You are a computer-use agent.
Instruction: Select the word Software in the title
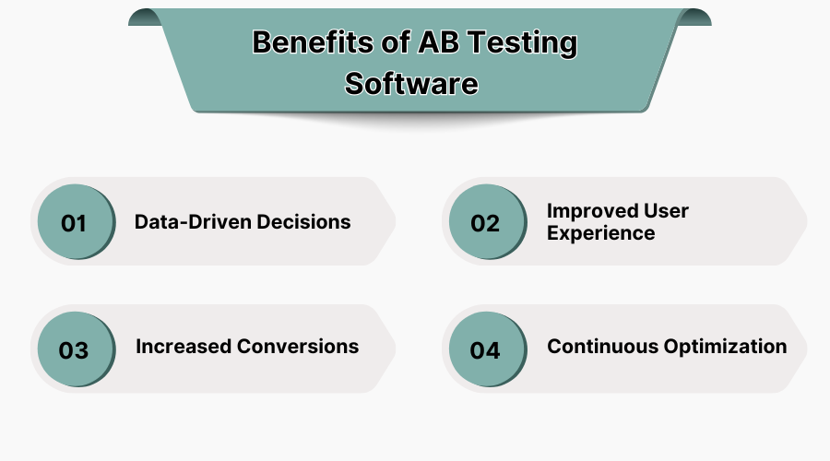tap(411, 83)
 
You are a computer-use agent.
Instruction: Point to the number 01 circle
tap(74, 223)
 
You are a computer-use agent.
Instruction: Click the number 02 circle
tap(484, 223)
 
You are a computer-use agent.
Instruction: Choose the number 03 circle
tap(74, 350)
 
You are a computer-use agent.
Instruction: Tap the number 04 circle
tap(484, 350)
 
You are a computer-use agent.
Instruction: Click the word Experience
tap(600, 233)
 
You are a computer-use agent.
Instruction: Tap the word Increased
tap(184, 347)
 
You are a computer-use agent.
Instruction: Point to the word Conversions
tap(298, 347)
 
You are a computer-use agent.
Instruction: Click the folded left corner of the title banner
tap(145, 18)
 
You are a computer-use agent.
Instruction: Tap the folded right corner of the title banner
tap(694, 18)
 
